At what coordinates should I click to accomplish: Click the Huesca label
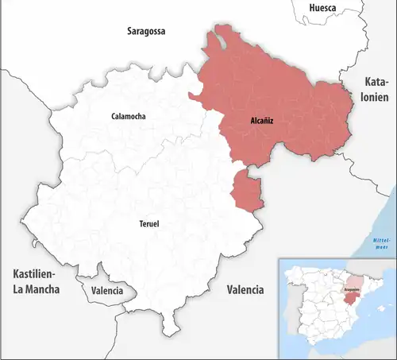point(322,7)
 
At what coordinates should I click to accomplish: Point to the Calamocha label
point(129,116)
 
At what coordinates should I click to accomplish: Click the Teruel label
point(148,224)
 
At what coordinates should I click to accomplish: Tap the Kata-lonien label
point(377,91)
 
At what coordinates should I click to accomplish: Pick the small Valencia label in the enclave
point(107,291)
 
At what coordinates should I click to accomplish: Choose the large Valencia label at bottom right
point(245,289)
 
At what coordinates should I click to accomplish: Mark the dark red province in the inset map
point(351,300)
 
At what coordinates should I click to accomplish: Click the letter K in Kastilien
point(15,274)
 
